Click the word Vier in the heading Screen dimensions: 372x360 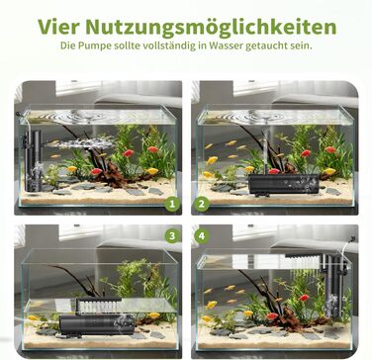58,27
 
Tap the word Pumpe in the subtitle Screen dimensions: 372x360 90,46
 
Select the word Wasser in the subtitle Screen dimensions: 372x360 226,45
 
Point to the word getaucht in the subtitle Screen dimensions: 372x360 267,46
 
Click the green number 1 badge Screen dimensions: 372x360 172,205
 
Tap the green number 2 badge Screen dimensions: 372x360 201,205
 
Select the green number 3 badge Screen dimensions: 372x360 172,236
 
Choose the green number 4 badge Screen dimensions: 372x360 202,236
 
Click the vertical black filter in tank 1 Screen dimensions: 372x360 33,160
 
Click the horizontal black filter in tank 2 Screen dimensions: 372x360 284,185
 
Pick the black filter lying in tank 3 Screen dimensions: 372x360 97,324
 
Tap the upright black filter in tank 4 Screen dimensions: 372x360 333,286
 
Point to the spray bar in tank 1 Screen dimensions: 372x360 80,143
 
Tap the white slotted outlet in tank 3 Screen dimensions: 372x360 99,306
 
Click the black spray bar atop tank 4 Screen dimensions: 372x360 304,256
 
